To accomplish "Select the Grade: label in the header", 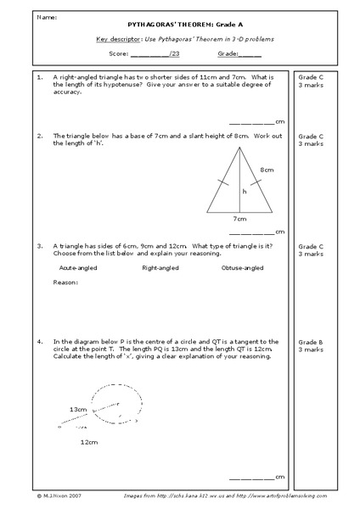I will pyautogui.click(x=227, y=53).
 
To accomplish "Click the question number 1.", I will pyautogui.click(x=40, y=76).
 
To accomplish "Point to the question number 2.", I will pyautogui.click(x=40, y=136).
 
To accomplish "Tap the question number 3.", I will pyautogui.click(x=40, y=246).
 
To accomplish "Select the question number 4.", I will pyautogui.click(x=40, y=341).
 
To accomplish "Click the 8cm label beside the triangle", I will pyautogui.click(x=267, y=170).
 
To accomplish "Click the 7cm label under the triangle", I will pyautogui.click(x=239, y=218).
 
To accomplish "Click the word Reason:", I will pyautogui.click(x=65, y=282).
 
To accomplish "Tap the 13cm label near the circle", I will pyautogui.click(x=77, y=409).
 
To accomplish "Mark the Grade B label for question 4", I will pyautogui.click(x=309, y=341).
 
